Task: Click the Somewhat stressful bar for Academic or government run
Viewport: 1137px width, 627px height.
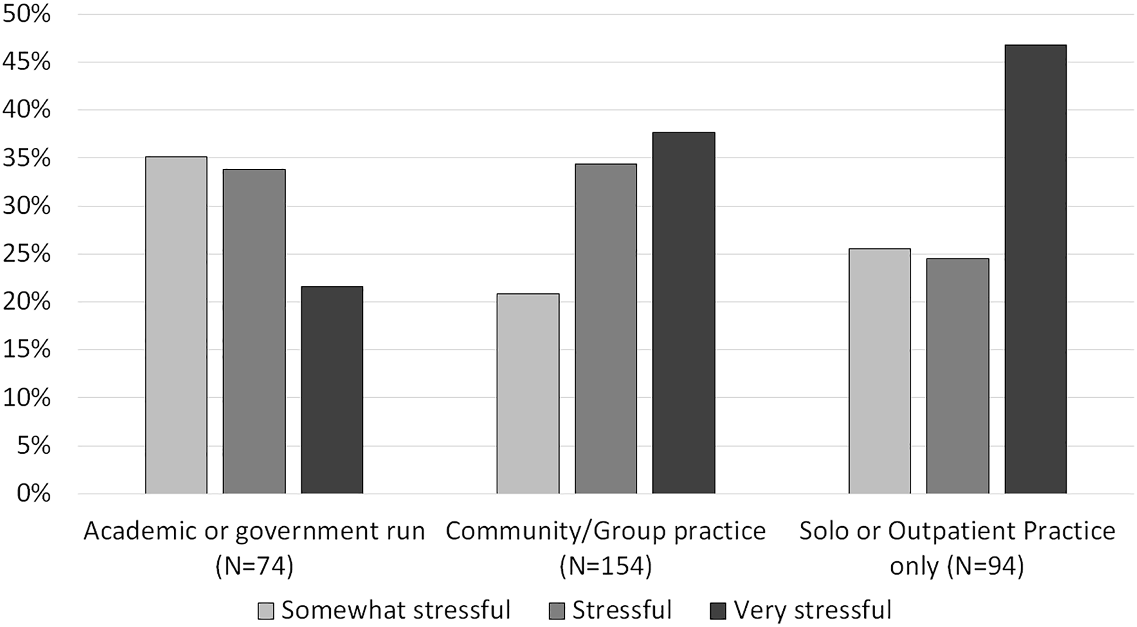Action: [x=176, y=325]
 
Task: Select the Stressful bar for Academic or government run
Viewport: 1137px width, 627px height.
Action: [x=254, y=331]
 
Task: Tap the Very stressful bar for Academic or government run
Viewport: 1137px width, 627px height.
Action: [x=332, y=390]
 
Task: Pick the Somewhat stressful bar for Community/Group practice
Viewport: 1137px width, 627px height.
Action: [x=528, y=393]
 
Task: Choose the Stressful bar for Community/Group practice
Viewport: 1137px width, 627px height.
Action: [x=606, y=329]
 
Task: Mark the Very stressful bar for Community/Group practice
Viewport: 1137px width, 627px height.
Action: [x=684, y=313]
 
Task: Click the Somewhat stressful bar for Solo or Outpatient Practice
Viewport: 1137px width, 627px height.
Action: [x=880, y=371]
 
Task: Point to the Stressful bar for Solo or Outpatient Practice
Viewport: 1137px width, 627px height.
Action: [x=958, y=376]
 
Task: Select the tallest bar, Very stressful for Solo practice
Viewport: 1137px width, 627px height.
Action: [x=1035, y=269]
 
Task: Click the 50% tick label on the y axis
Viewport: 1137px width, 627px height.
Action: [x=27, y=14]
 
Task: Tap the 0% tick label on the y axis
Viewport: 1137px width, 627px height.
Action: [x=34, y=494]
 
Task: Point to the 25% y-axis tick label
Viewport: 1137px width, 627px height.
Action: [x=27, y=254]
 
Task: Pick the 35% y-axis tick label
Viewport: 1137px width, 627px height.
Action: [x=27, y=158]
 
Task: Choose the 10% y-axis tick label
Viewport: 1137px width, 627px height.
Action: [x=27, y=398]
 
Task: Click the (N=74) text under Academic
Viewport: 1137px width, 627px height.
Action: [x=254, y=566]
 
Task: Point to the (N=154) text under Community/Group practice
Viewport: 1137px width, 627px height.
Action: [x=606, y=566]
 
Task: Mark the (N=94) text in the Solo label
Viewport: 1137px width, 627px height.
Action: [x=985, y=566]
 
